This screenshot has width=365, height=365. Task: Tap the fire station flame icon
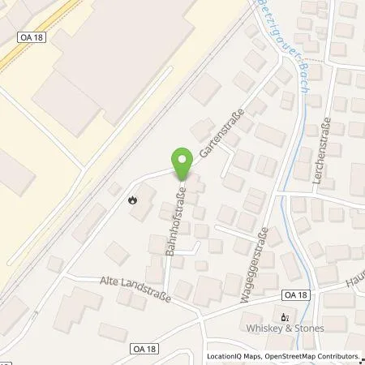[133, 197]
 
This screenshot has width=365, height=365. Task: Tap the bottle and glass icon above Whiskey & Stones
[284, 317]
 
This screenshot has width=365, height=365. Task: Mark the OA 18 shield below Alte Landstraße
[118, 346]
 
